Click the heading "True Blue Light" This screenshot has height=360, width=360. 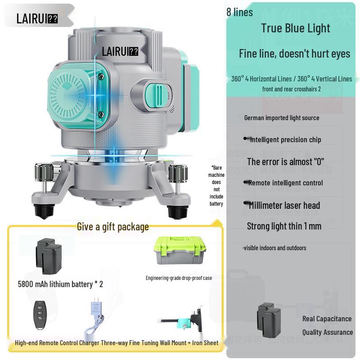(296, 28)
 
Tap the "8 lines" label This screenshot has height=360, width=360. (239, 12)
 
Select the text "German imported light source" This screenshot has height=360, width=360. (282, 118)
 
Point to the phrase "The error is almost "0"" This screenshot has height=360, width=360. (285, 162)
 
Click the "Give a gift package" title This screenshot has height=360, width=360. (112, 227)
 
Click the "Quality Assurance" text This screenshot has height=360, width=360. (327, 333)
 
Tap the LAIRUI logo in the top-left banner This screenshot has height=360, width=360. (37, 18)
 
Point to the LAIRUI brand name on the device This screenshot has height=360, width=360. (120, 51)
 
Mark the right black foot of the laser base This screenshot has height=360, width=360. (176, 210)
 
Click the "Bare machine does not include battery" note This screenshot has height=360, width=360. (216, 185)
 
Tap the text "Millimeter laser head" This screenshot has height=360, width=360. (284, 206)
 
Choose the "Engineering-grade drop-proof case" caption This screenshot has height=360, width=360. (179, 278)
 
